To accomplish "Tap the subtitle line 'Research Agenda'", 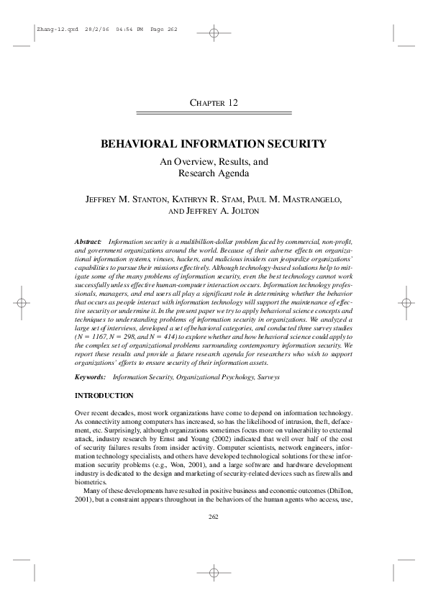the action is pyautogui.click(x=214, y=173).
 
